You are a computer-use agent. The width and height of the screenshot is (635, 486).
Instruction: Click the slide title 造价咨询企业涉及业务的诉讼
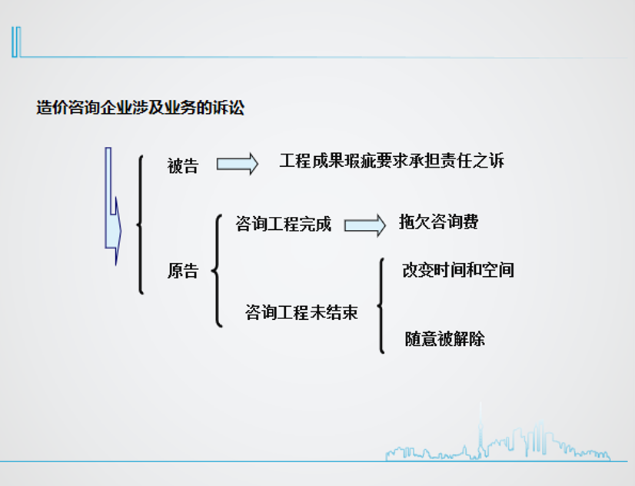(140, 108)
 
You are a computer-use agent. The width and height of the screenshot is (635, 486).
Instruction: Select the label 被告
(183, 166)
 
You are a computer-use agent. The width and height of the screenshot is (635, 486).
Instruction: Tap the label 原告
(183, 271)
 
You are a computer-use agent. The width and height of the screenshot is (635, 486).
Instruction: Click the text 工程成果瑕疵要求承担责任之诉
(391, 161)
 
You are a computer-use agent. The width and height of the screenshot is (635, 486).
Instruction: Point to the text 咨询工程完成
(284, 224)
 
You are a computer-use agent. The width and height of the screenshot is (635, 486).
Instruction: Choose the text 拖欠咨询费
(439, 221)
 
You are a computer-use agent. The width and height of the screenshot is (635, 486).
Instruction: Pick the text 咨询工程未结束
(301, 312)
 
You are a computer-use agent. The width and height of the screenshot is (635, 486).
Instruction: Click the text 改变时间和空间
(458, 270)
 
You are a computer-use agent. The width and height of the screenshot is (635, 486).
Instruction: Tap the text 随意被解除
(444, 339)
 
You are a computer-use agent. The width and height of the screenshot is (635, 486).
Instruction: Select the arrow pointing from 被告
(238, 164)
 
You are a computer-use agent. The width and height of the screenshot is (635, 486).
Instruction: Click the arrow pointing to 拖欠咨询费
(365, 225)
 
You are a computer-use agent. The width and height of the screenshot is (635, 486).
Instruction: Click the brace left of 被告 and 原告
(140, 225)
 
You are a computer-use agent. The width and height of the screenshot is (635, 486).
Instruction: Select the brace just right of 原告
(218, 271)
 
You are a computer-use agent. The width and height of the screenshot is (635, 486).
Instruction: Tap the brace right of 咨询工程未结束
(381, 306)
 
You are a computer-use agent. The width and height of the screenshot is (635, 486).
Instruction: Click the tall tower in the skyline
(480, 430)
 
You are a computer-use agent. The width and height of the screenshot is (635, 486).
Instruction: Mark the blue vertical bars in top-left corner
(16, 42)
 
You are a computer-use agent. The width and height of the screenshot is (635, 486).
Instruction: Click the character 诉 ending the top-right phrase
(497, 161)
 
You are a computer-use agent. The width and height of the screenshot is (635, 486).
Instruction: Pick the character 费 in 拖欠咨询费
(470, 221)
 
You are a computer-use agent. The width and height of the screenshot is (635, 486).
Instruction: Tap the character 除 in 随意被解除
(477, 339)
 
